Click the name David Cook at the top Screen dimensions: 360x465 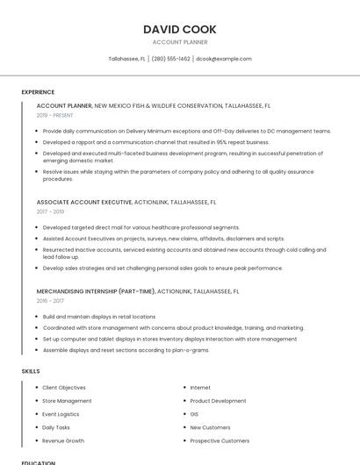179,30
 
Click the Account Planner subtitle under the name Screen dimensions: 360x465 179,42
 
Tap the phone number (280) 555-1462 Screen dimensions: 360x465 170,59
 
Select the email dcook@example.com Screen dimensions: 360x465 224,59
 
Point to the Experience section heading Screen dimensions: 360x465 38,92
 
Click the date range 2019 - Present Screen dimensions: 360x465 54,115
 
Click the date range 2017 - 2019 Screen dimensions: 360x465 50,211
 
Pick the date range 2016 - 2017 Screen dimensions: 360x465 50,300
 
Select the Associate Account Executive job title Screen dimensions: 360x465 84,202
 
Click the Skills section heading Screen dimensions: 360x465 31,371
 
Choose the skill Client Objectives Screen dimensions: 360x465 64,388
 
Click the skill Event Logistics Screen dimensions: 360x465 61,414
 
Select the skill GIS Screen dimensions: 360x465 194,414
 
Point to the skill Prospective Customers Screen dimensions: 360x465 220,440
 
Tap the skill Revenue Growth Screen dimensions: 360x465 63,440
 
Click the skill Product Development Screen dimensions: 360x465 218,401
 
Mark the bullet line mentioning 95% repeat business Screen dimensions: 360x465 155,141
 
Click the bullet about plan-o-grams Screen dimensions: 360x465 126,349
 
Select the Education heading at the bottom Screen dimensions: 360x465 38,461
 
